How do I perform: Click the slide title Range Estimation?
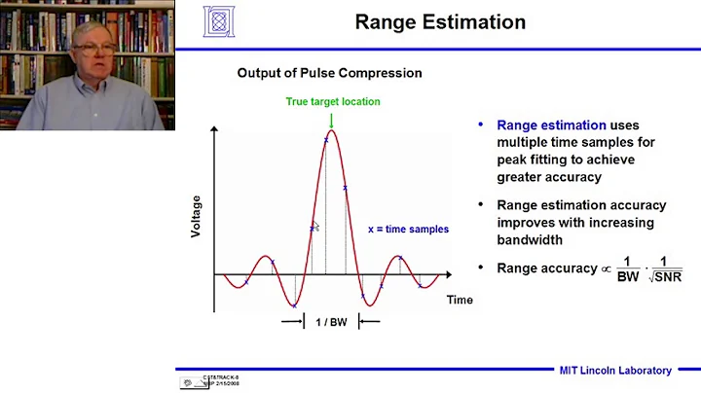pyautogui.click(x=440, y=22)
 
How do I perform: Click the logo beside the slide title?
pyautogui.click(x=219, y=21)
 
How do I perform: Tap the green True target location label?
pyautogui.click(x=332, y=101)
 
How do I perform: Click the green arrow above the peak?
pyautogui.click(x=332, y=120)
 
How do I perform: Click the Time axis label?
pyautogui.click(x=460, y=300)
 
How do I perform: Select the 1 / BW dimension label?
pyautogui.click(x=331, y=321)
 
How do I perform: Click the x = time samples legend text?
pyautogui.click(x=408, y=230)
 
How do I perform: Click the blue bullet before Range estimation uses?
pyautogui.click(x=481, y=125)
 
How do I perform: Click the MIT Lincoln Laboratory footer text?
pyautogui.click(x=614, y=370)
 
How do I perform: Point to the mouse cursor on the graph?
pyautogui.click(x=316, y=227)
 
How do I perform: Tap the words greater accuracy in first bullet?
pyautogui.click(x=548, y=177)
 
